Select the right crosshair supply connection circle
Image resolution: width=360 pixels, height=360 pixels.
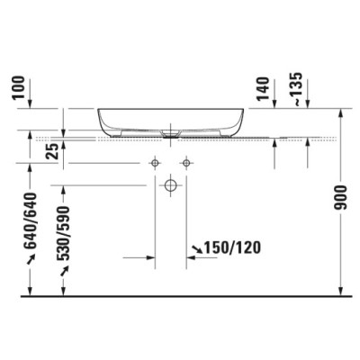(x=186, y=162)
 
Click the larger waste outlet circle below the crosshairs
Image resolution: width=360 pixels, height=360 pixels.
(x=170, y=186)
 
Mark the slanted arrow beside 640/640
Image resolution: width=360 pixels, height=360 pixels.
(x=31, y=258)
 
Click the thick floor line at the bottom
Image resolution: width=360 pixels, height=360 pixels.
(x=180, y=295)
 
